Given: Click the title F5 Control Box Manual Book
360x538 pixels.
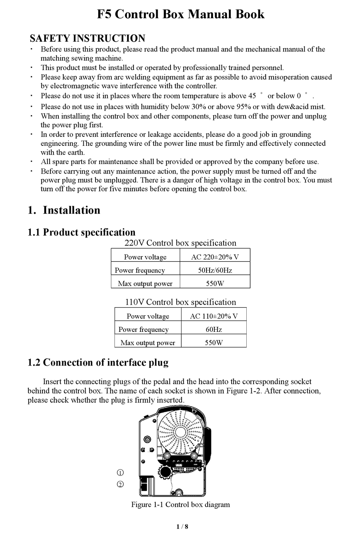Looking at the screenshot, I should point(180,14).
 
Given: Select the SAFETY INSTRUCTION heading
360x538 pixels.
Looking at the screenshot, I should point(87,38).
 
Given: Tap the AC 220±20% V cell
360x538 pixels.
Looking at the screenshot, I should point(215,257).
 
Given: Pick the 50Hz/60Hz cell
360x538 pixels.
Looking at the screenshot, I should point(215,270).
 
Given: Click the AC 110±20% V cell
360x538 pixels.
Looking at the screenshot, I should point(214,316).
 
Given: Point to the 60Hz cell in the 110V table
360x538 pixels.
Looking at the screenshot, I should point(214,329).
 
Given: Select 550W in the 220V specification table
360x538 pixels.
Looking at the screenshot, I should point(215,283).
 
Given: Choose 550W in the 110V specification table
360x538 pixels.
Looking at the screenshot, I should point(214,343).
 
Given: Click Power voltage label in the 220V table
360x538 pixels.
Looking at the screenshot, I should point(145,257).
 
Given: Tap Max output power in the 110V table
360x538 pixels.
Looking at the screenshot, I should point(148,343).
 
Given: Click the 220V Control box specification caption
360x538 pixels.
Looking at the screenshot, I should point(180,243).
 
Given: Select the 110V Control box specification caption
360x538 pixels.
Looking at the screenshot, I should point(180,302).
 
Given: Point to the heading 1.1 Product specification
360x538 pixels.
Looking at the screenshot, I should point(81,232).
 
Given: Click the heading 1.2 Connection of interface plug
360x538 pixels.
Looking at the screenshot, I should point(98,363).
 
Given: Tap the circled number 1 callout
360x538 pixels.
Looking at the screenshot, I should point(120,472).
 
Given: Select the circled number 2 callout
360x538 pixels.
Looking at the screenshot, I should point(120,484).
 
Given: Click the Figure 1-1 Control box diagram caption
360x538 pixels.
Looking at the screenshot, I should point(180,504).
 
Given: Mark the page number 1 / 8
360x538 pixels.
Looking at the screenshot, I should point(182,526).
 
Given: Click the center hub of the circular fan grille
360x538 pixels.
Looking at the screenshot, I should point(180,432).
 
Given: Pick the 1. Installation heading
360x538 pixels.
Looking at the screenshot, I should point(64,210).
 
